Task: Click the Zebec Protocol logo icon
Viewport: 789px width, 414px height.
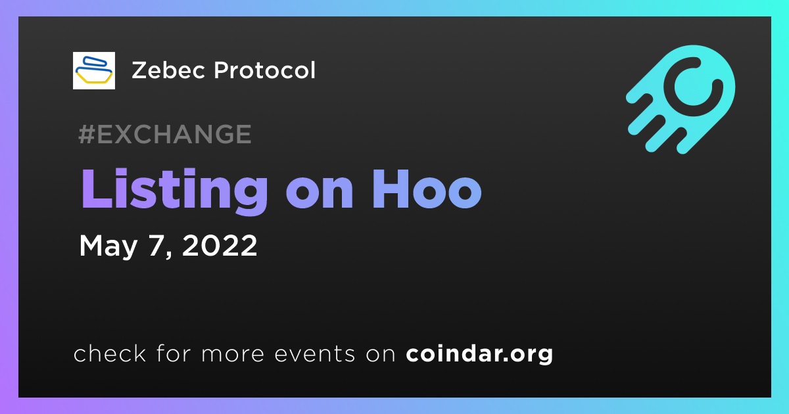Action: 93,70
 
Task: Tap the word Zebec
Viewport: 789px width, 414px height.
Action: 168,70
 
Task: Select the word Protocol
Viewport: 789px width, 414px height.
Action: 264,70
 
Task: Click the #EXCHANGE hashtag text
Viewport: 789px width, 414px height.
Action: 165,134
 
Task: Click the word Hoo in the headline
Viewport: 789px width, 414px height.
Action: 427,189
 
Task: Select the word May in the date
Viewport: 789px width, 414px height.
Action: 108,246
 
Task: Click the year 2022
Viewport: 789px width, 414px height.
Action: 220,245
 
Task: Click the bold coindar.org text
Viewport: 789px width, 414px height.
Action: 479,354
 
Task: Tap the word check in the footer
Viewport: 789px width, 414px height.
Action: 110,353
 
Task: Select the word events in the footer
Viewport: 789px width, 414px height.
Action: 314,354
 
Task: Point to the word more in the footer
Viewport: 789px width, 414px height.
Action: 233,354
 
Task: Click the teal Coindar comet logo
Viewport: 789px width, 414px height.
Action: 681,99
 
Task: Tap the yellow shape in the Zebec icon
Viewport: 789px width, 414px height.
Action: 94,76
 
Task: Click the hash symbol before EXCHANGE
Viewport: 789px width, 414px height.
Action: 87,134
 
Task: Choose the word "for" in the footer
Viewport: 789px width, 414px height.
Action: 174,353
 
